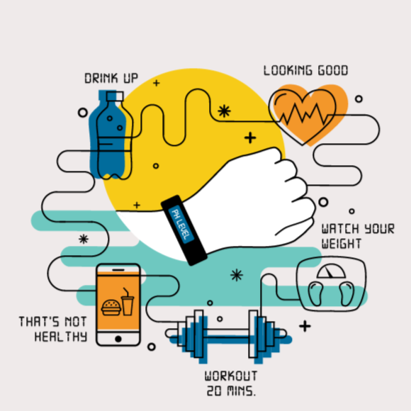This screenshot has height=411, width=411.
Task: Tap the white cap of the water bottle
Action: tap(115, 96)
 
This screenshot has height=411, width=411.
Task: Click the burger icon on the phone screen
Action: tap(111, 308)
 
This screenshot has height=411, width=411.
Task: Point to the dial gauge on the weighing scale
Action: tap(331, 271)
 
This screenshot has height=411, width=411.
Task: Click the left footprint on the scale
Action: tap(315, 293)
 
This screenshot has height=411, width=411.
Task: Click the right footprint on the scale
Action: tap(347, 293)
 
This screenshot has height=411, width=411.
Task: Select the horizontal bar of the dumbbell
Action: tap(226, 333)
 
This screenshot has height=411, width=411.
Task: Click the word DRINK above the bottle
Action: tap(101, 78)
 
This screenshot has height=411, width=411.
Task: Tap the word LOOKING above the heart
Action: tap(288, 70)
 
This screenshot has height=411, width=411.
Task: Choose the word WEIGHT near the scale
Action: tap(342, 244)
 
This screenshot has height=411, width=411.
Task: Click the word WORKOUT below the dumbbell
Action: tap(231, 376)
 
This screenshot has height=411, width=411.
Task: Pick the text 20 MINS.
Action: tap(231, 391)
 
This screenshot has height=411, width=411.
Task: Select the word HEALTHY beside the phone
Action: tap(61, 337)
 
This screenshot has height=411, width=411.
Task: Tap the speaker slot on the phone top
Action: tap(118, 270)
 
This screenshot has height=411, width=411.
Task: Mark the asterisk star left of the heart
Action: tap(224, 111)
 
